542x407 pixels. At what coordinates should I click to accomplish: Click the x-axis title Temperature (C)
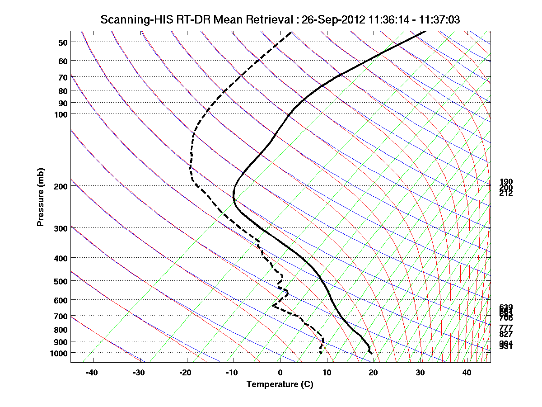coord(280,384)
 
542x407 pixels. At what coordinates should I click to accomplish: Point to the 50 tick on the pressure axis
coord(63,43)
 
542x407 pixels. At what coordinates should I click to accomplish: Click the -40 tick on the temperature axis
coord(92,373)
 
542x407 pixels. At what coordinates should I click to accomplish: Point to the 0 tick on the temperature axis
coord(280,373)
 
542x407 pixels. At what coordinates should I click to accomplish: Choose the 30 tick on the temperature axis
coord(420,373)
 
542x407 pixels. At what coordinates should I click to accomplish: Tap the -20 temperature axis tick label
coord(185,373)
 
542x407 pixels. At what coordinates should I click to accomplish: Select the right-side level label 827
coord(506,334)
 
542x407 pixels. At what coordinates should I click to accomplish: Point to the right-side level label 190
coord(506,182)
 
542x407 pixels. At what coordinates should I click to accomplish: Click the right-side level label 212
coord(506,193)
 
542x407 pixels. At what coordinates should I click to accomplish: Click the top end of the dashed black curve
coord(292,32)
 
